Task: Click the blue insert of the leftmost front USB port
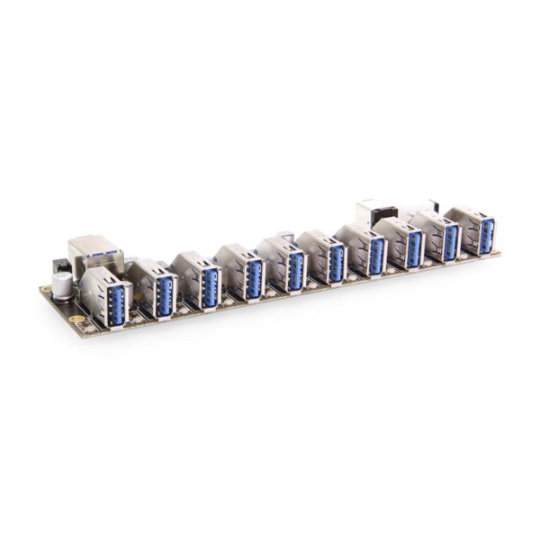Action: point(116,305)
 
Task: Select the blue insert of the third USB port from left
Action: point(210,286)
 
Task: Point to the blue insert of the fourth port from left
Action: point(254,277)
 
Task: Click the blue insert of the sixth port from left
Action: point(337,262)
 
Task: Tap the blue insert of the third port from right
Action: point(414,247)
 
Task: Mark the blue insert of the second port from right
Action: point(451,240)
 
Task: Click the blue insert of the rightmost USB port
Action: point(486,234)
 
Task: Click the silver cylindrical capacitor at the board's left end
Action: point(62,285)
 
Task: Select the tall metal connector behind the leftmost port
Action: point(93,252)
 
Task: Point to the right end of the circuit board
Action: point(498,255)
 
